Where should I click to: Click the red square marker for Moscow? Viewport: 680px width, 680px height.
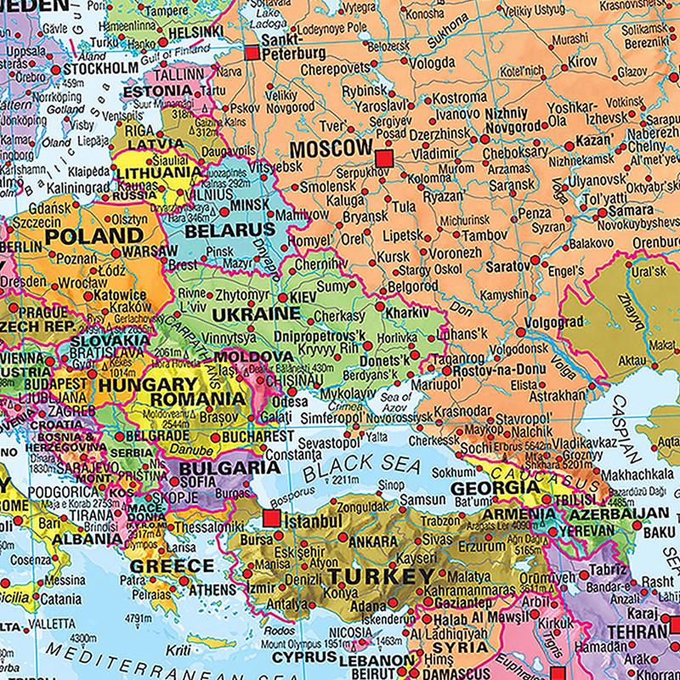click(384, 158)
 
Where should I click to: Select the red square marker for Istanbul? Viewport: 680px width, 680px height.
click(272, 518)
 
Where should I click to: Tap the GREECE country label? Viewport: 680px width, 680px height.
click(171, 566)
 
